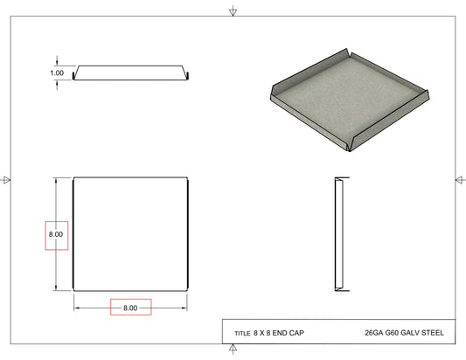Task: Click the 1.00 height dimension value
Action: pos(57,73)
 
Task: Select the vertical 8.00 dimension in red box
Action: pos(56,234)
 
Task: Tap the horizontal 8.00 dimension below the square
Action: pos(130,308)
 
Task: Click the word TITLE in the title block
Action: pos(242,334)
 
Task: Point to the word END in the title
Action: pos(280,333)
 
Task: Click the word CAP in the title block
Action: pos(296,333)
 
